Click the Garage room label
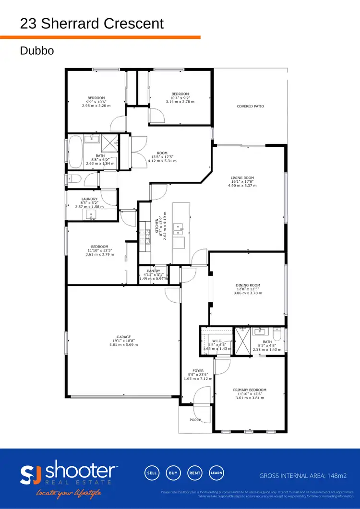click(x=123, y=337)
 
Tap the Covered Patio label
click(x=250, y=107)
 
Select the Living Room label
click(x=242, y=178)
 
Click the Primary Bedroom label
click(x=250, y=390)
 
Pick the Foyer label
click(x=198, y=371)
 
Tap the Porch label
click(x=195, y=420)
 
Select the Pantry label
click(x=154, y=271)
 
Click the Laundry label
click(x=89, y=199)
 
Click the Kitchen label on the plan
click(x=156, y=226)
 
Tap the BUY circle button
click(x=173, y=473)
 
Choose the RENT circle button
click(x=195, y=473)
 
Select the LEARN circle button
click(x=216, y=473)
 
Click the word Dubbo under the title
click(x=36, y=50)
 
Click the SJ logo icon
click(x=31, y=473)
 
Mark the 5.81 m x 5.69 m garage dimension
click(x=123, y=345)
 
